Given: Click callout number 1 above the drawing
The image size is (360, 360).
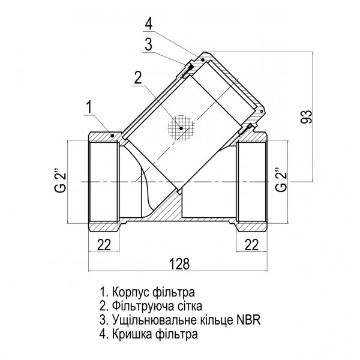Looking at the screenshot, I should pos(88,108).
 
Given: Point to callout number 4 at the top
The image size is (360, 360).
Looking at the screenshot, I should pos(148,25).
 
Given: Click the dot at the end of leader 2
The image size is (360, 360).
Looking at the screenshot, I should pos(179,127).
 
